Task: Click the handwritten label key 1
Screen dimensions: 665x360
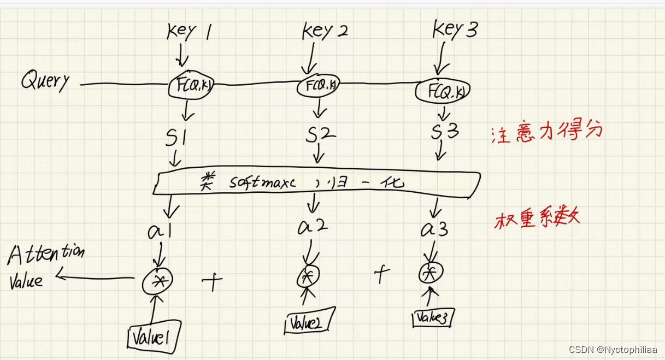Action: [189, 33]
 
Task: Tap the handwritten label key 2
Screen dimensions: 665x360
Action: [325, 32]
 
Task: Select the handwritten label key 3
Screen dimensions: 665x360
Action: [455, 29]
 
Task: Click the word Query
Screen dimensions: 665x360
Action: [46, 81]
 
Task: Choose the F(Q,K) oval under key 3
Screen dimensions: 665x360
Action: [442, 91]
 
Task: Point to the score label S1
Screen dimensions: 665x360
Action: [177, 138]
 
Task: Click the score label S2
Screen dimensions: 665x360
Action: [320, 135]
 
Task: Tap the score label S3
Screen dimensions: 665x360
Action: [445, 132]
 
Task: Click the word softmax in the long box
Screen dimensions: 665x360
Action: [262, 182]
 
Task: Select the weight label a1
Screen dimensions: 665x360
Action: [161, 230]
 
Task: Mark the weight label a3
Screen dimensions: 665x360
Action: [435, 228]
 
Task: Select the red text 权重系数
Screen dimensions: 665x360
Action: [537, 219]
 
